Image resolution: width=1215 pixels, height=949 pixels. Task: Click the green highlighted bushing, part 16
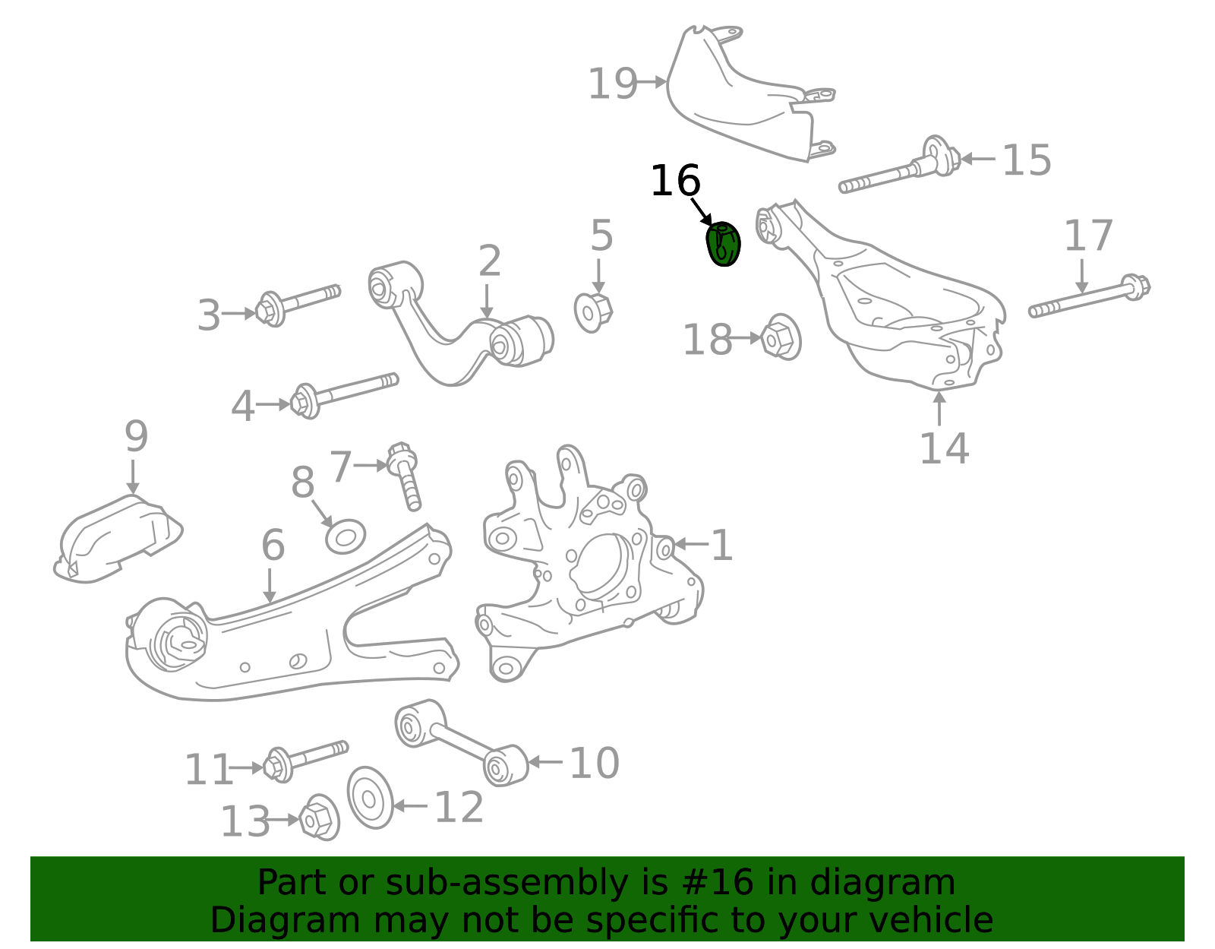pos(723,244)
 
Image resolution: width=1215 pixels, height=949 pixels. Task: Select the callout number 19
pos(612,84)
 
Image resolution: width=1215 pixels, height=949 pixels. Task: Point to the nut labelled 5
pos(593,311)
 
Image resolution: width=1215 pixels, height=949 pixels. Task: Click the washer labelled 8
pos(346,536)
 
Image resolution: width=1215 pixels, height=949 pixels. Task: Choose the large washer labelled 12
pos(371,797)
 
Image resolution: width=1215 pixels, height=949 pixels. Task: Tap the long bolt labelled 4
pos(342,391)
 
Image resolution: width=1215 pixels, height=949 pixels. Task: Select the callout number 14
pos(944,448)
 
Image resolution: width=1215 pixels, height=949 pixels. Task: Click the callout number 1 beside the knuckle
pos(721,546)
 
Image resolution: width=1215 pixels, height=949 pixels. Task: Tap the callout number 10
pos(594,763)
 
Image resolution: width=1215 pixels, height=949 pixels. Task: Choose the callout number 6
pos(273,546)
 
